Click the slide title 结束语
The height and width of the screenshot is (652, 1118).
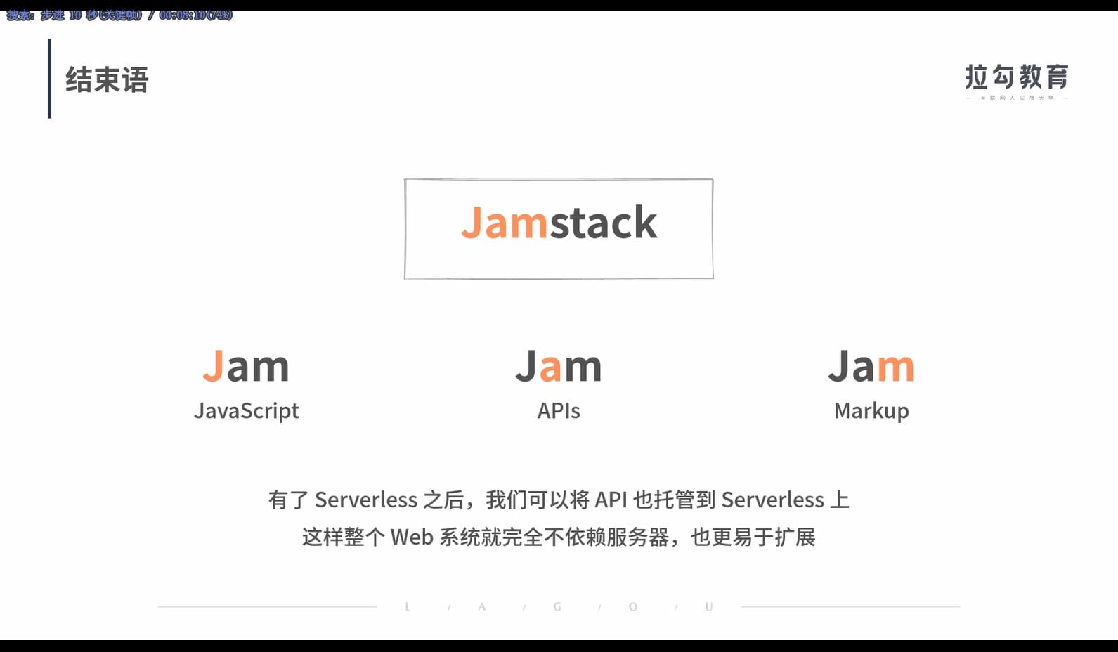[107, 80]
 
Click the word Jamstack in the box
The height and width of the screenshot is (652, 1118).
[559, 223]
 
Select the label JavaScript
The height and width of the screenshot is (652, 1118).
[246, 410]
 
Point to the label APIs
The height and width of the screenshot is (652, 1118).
[559, 410]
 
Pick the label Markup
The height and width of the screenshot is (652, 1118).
[871, 410]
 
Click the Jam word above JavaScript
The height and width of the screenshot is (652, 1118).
[246, 366]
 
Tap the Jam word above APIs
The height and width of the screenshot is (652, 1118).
[559, 366]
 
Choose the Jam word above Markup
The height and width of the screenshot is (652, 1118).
[871, 366]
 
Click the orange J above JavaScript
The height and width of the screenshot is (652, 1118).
[212, 366]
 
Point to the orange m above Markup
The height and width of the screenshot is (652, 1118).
[895, 367]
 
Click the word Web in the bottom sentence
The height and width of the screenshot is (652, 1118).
[412, 537]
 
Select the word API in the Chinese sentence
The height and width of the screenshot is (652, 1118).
[611, 500]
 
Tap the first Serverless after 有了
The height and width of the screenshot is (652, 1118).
[365, 500]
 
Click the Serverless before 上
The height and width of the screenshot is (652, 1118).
[772, 500]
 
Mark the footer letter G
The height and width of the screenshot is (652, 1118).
[557, 606]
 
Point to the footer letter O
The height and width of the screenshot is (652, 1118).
[633, 606]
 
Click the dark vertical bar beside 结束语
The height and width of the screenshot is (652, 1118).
[49, 79]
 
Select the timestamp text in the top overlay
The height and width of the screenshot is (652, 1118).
[195, 15]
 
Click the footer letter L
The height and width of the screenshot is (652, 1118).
[408, 606]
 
